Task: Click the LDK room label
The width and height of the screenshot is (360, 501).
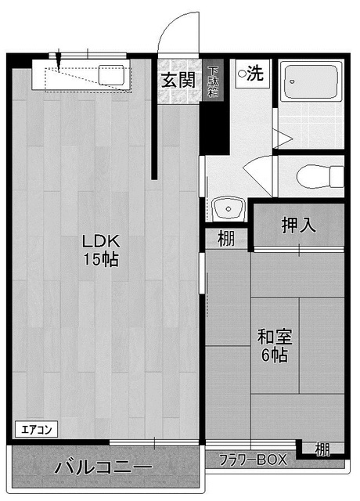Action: tap(101, 241)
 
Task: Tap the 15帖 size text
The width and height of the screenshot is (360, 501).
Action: tap(101, 259)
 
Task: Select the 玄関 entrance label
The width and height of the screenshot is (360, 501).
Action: tap(178, 80)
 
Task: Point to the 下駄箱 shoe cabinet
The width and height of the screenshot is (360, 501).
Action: tap(213, 80)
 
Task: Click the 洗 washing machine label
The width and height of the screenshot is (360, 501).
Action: tap(255, 73)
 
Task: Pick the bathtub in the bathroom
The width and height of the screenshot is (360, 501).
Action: tap(311, 82)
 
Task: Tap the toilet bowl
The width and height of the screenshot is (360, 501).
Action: tap(319, 176)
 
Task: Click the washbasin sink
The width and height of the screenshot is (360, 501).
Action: tap(228, 209)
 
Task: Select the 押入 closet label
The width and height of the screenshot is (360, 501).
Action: tap(298, 225)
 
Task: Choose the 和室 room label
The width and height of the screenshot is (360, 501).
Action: tap(275, 337)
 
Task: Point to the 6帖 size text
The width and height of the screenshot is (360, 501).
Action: tap(275, 355)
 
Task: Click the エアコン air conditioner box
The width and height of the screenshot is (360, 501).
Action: tap(37, 430)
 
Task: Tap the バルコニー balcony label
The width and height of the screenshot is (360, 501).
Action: tap(103, 467)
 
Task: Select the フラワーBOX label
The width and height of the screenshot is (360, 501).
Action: tap(253, 460)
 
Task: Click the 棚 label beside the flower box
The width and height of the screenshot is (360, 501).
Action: tap(322, 449)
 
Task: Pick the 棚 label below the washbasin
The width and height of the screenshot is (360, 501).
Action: tap(226, 239)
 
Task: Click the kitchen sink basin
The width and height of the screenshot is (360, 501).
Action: tap(111, 75)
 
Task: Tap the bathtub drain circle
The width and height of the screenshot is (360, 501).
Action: tap(292, 81)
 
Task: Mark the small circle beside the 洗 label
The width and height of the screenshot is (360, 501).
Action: tap(243, 74)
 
